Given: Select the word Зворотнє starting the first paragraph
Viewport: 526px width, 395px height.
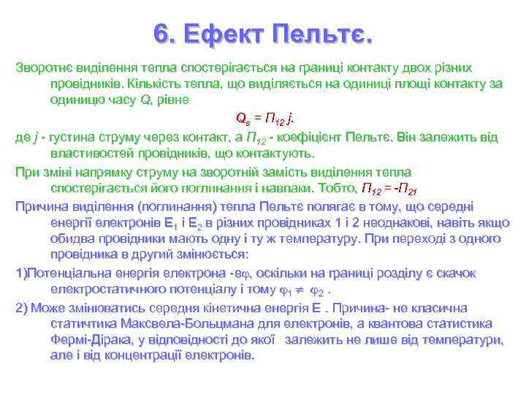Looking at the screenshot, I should pyautogui.click(x=43, y=67).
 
